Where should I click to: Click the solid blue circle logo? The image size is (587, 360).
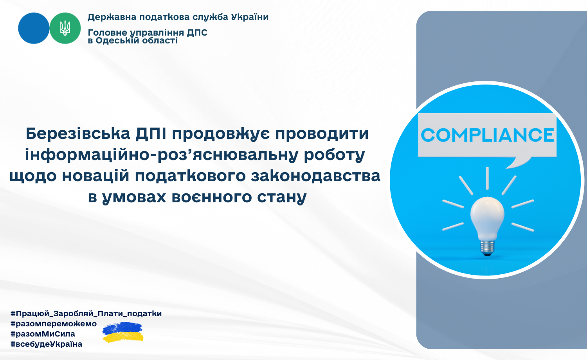pyautogui.click(x=34, y=28)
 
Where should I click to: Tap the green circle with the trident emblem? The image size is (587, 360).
pyautogui.click(x=65, y=28)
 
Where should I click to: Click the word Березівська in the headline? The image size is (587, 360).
pyautogui.click(x=78, y=133)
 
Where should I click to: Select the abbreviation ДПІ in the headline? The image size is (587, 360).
pyautogui.click(x=151, y=133)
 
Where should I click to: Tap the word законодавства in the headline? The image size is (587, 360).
pyautogui.click(x=315, y=176)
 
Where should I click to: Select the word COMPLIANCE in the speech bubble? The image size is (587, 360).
pyautogui.click(x=487, y=135)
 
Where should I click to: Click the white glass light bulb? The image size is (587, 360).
pyautogui.click(x=488, y=219)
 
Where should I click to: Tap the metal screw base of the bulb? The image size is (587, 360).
pyautogui.click(x=488, y=248)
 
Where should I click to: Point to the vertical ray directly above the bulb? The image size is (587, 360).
pyautogui.click(x=488, y=178)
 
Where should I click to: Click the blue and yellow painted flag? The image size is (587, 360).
pyautogui.click(x=122, y=332)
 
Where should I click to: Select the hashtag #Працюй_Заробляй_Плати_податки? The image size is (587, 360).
pyautogui.click(x=86, y=313)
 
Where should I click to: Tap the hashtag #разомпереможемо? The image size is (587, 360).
pyautogui.click(x=54, y=324)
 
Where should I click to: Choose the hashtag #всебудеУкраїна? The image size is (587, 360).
pyautogui.click(x=47, y=344)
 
